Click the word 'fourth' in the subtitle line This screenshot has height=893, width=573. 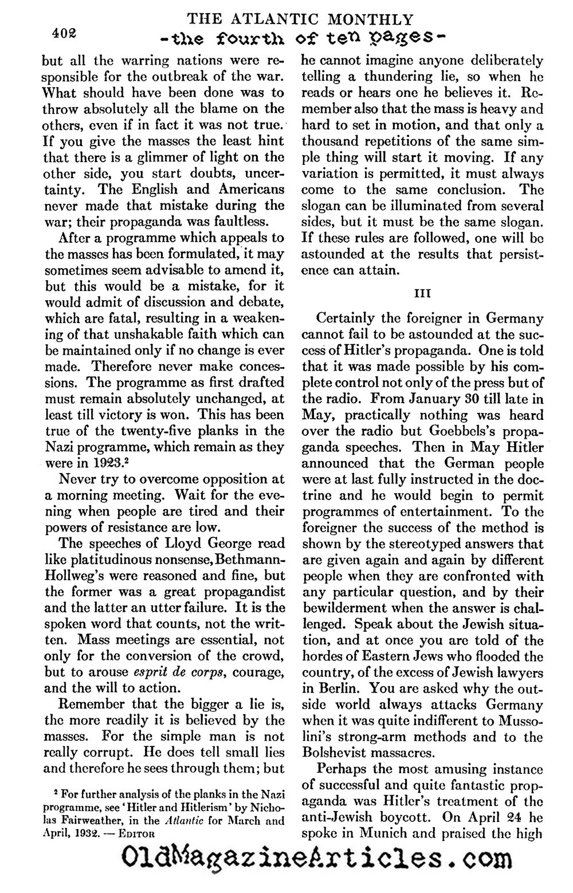[248, 40]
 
